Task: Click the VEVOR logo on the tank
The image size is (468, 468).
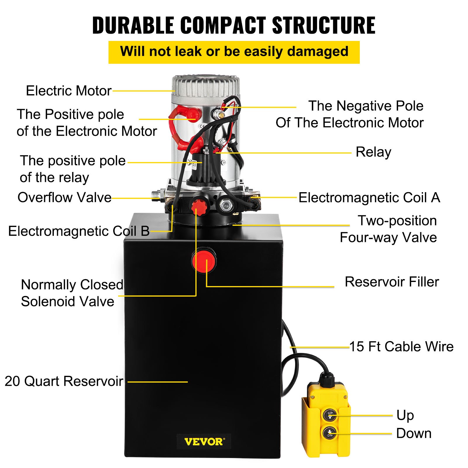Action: click(204, 441)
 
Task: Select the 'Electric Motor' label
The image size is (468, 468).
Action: click(69, 91)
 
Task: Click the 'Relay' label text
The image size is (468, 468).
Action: click(373, 152)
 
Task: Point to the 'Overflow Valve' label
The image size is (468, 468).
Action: click(64, 197)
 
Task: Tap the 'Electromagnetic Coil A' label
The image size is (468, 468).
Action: click(369, 198)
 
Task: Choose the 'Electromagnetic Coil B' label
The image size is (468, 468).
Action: click(79, 231)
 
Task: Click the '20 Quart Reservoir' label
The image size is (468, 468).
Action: click(64, 381)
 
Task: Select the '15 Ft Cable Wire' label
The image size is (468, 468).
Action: click(401, 347)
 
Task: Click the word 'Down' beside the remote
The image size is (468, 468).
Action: click(414, 433)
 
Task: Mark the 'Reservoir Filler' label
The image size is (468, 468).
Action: click(392, 282)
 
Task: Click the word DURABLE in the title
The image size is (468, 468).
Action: click(133, 25)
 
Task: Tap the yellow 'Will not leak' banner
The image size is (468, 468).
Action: click(234, 52)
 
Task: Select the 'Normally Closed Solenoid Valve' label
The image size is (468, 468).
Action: click(72, 293)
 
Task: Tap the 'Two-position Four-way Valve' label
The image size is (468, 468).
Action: click(388, 229)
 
